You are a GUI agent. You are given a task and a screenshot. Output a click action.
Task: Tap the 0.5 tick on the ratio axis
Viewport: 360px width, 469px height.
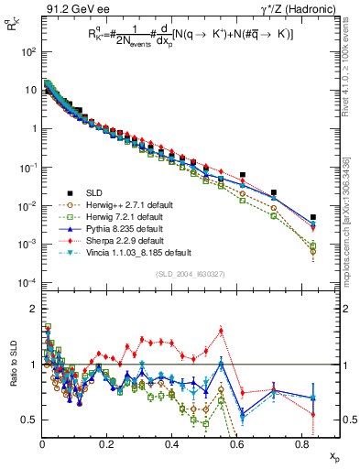(28, 420)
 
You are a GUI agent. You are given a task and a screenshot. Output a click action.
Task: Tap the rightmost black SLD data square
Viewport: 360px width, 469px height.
(312, 218)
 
